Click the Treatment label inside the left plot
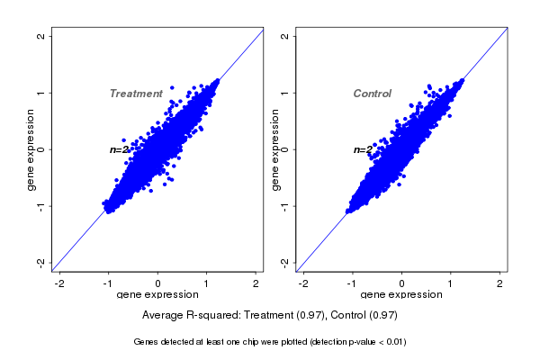click(136, 94)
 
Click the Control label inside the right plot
click(372, 94)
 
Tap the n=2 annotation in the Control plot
click(363, 150)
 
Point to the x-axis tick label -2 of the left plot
click(60, 283)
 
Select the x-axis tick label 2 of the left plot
click(256, 283)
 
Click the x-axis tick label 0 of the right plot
click(401, 283)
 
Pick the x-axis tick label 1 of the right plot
click(450, 283)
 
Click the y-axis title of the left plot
click(31, 149)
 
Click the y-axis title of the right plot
click(274, 149)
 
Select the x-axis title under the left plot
click(157, 295)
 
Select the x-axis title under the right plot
click(401, 295)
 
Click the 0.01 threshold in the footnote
click(392, 342)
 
